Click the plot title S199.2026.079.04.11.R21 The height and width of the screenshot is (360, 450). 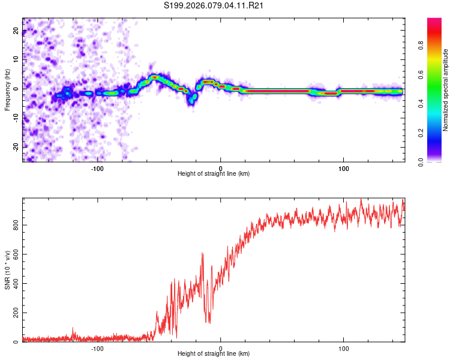pyautogui.click(x=214, y=6)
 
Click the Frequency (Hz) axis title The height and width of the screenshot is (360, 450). pyautogui.click(x=7, y=90)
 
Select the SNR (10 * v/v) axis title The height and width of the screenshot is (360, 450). pyautogui.click(x=7, y=271)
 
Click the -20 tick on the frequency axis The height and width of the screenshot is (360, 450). pyautogui.click(x=16, y=147)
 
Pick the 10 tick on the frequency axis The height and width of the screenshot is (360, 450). pyautogui.click(x=16, y=60)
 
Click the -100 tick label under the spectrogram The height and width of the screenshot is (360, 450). pyautogui.click(x=97, y=167)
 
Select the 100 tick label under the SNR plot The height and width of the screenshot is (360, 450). pyautogui.click(x=344, y=348)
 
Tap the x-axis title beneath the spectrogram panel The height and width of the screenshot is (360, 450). pyautogui.click(x=214, y=174)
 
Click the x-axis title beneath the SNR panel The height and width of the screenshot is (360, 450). pyautogui.click(x=214, y=355)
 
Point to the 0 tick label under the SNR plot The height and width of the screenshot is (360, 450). pyautogui.click(x=221, y=348)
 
